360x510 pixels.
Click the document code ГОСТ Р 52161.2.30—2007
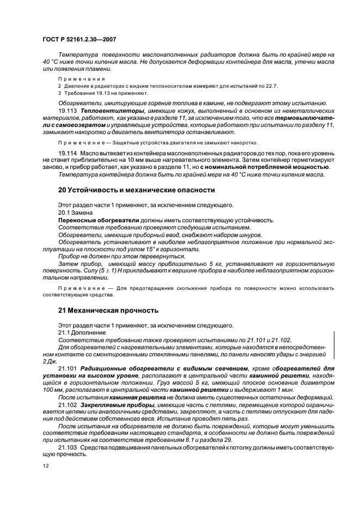pyautogui.click(x=80, y=39)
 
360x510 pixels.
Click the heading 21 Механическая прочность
pyautogui.click(x=108, y=311)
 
